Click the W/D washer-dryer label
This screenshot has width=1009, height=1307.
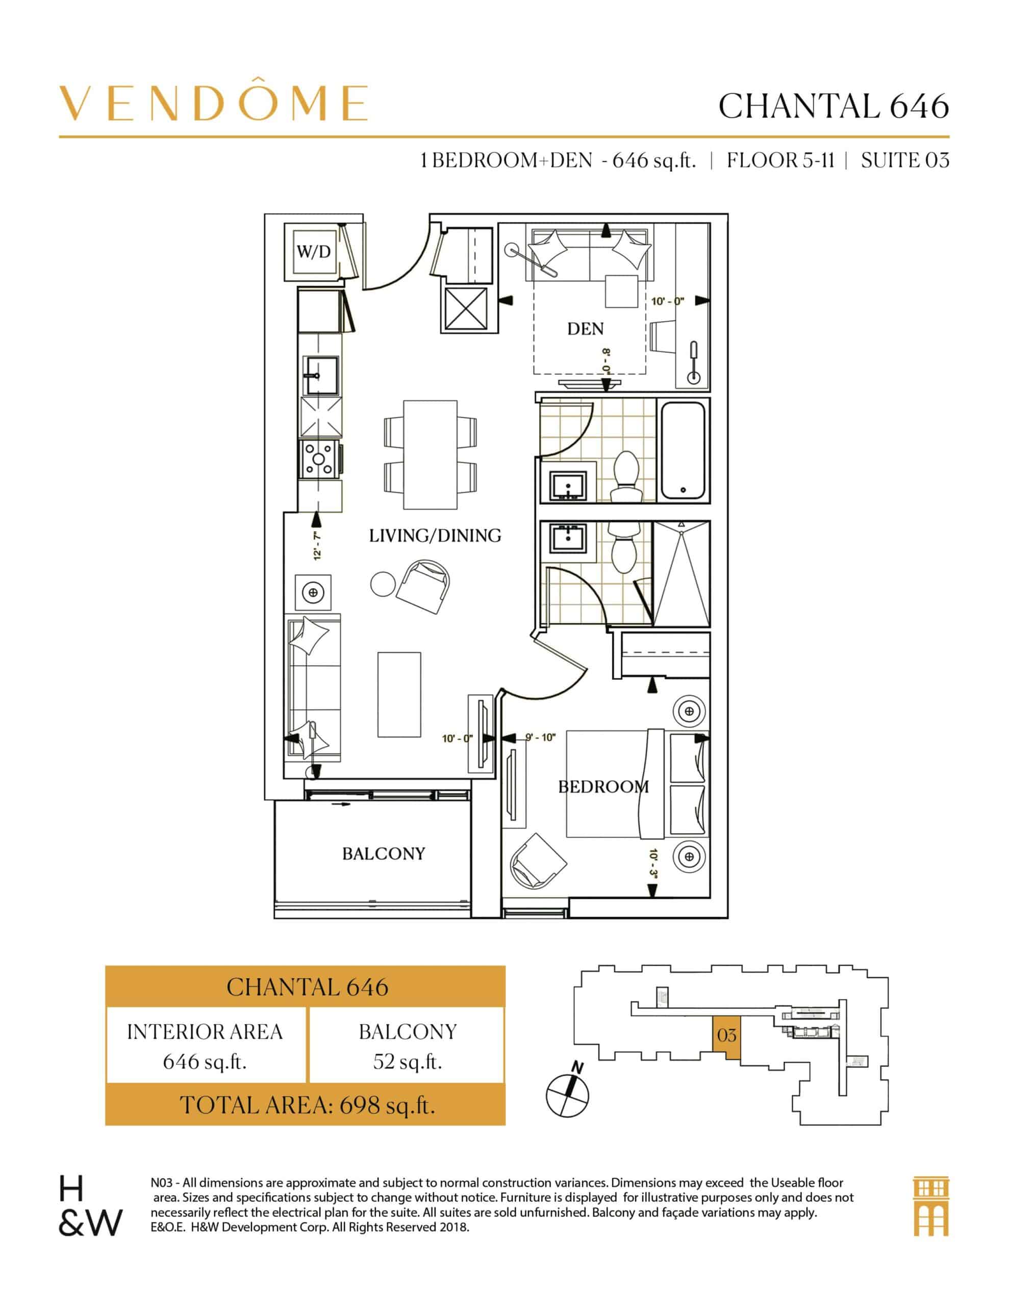[x=313, y=251]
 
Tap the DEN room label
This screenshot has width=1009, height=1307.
[x=586, y=329]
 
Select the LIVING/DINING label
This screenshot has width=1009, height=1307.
[x=435, y=536]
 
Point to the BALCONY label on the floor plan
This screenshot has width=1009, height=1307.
[x=384, y=854]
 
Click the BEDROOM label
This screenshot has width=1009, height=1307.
[x=603, y=786]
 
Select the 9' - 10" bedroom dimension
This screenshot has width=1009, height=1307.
[x=540, y=738]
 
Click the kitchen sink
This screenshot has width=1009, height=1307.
[x=322, y=375]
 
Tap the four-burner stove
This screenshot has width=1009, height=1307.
[x=320, y=459]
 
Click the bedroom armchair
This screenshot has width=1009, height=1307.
[x=538, y=859]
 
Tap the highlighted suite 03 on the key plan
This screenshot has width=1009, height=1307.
[x=727, y=1035]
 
